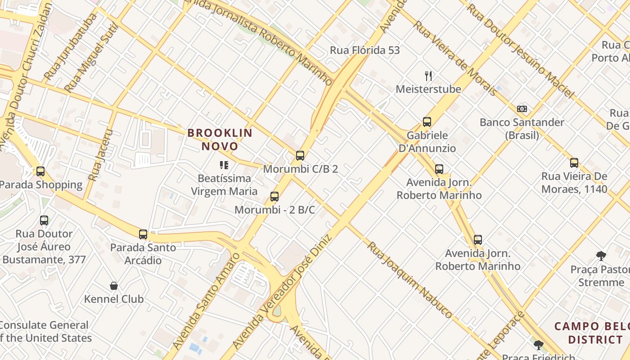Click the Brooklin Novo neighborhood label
220,139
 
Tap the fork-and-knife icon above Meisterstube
428,76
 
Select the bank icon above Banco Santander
522,109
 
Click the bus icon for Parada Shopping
40,171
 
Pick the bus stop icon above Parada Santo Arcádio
143,234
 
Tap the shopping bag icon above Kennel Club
114,286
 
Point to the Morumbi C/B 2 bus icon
300,156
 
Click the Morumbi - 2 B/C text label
274,210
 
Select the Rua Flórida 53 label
364,50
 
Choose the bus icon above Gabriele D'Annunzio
427,121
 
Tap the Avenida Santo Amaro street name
205,299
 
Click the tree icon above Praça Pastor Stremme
601,256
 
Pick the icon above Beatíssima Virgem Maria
224,165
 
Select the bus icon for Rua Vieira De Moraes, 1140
574,163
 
